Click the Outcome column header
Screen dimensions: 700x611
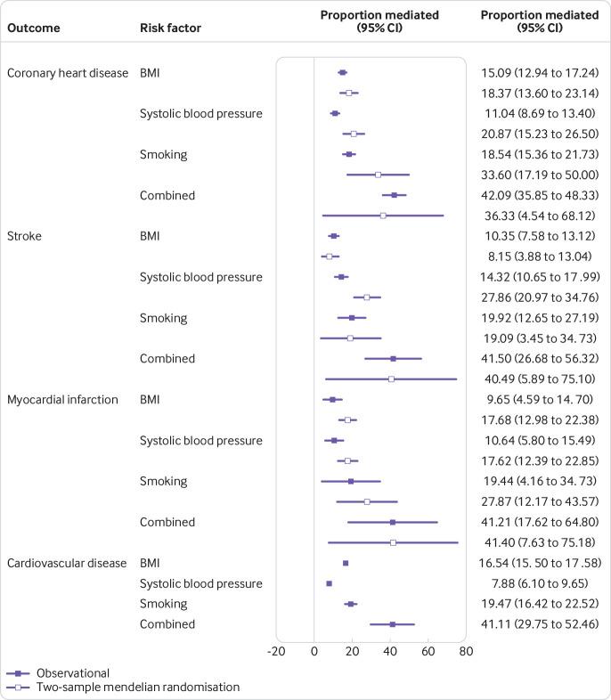click(x=34, y=28)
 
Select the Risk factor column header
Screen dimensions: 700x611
click(x=170, y=28)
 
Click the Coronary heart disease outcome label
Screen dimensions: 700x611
click(x=68, y=72)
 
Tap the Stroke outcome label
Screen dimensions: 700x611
click(x=25, y=236)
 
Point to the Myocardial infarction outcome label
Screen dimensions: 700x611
click(x=62, y=400)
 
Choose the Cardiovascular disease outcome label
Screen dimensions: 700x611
click(x=67, y=563)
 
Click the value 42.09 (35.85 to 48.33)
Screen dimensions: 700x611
click(x=538, y=195)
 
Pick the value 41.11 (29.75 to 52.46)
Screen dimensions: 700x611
click(x=538, y=624)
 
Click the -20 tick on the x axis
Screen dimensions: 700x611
click(x=275, y=653)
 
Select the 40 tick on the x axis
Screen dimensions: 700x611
click(x=390, y=653)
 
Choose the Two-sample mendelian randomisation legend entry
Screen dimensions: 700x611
click(x=124, y=687)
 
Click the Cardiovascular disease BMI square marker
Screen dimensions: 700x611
click(x=346, y=563)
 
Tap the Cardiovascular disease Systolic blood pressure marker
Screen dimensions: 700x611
click(x=329, y=583)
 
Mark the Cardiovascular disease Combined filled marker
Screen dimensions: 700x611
click(x=392, y=624)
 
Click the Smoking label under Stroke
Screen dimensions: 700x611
click(x=163, y=318)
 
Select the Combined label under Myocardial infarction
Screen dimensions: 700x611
click(x=167, y=522)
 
